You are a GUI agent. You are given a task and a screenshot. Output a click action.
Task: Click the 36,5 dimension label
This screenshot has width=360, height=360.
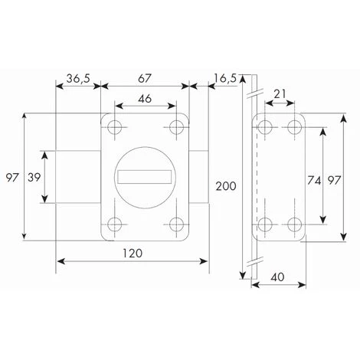click(78, 78)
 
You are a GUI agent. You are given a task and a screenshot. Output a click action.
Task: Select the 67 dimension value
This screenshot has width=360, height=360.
click(145, 78)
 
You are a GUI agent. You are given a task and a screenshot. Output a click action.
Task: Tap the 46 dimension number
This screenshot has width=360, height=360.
click(145, 98)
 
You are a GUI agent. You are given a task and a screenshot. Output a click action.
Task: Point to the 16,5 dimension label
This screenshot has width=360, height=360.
click(225, 78)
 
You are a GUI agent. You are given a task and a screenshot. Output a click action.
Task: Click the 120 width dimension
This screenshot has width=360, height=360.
click(133, 253)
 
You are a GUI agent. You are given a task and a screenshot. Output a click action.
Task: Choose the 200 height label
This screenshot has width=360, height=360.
click(226, 186)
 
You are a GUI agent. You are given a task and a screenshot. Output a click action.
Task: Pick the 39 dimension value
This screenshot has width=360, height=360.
click(34, 177)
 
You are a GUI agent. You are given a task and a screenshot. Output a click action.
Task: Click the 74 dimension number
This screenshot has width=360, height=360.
click(314, 181)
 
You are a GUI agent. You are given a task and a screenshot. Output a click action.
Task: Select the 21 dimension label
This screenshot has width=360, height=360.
click(280, 94)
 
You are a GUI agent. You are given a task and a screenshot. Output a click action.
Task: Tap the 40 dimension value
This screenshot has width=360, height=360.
click(277, 277)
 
